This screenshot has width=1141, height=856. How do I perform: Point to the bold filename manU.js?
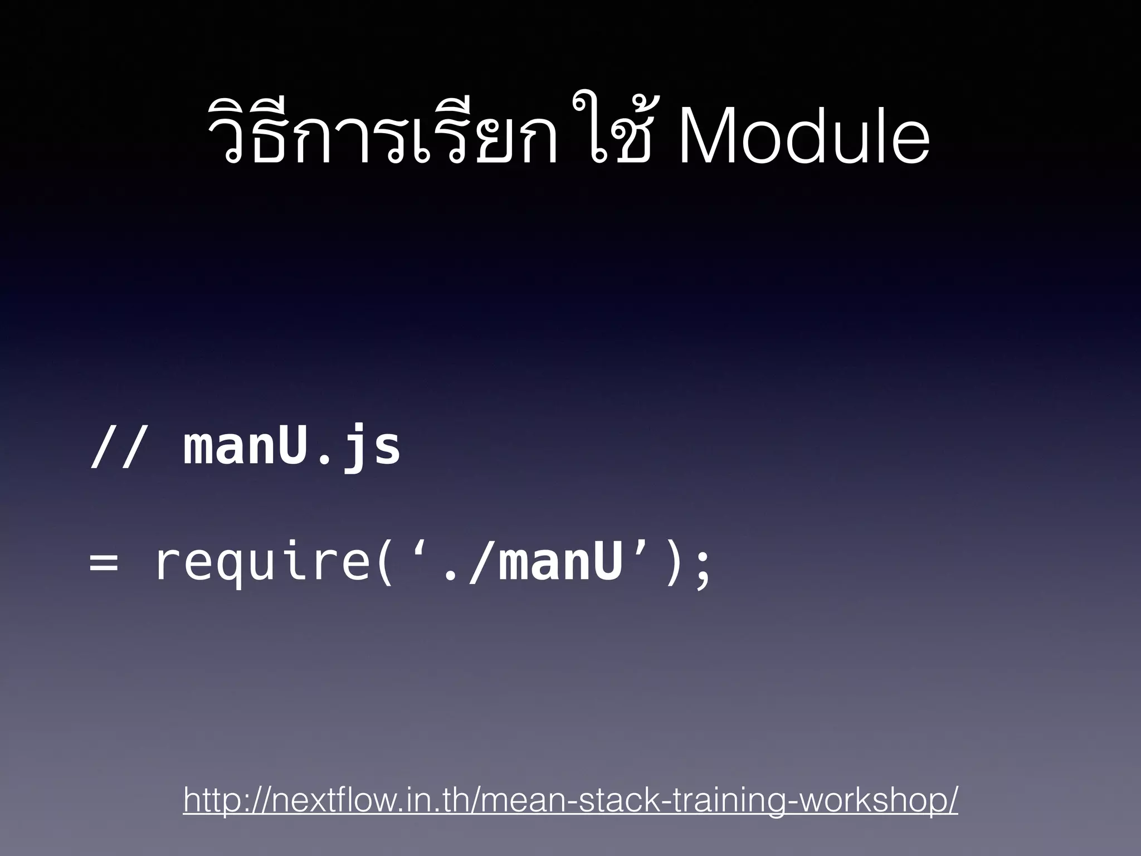coord(292,447)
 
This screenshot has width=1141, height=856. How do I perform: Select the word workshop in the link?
coord(869,801)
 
